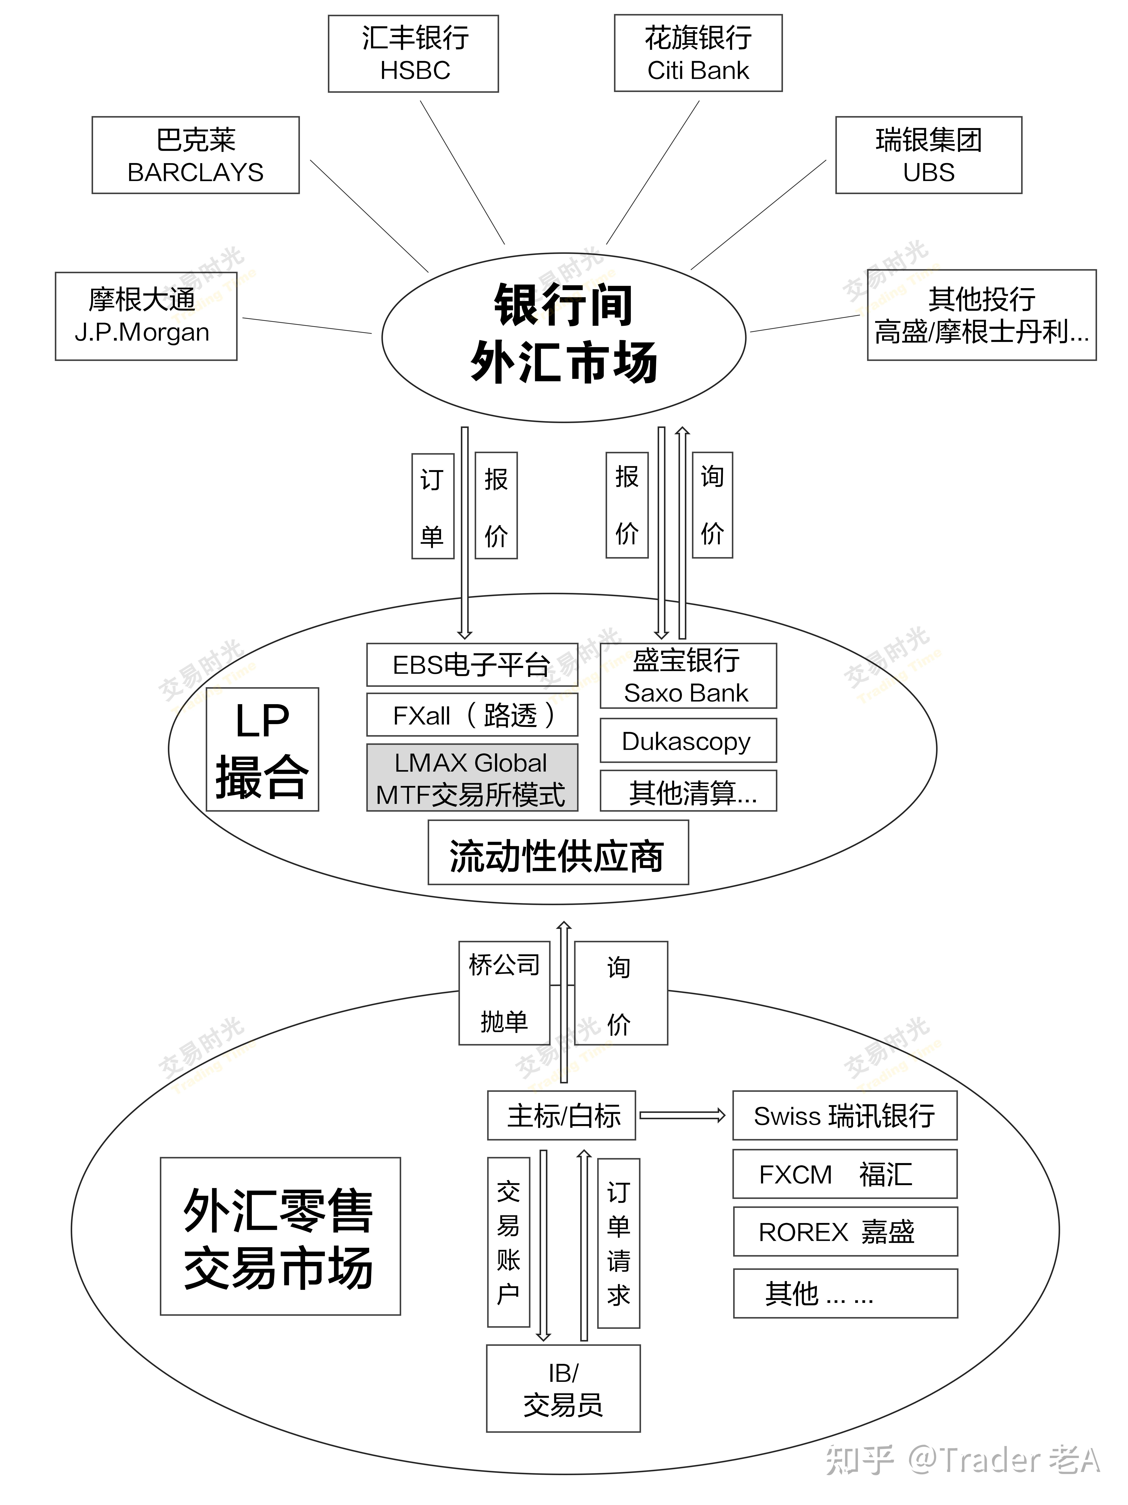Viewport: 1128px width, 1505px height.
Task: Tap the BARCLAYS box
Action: (196, 155)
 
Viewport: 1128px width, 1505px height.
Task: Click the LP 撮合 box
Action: (262, 749)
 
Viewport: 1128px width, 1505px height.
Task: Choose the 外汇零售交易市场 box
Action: (280, 1236)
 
